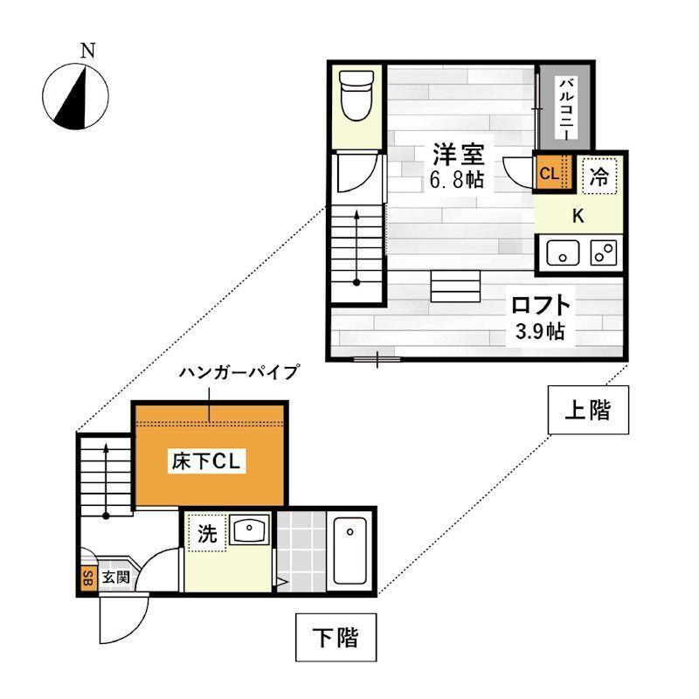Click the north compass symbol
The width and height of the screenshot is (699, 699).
tap(76, 95)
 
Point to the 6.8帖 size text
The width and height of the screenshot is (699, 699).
tap(458, 181)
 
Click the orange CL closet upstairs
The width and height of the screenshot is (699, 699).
tap(549, 173)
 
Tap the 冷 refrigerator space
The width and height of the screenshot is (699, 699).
tap(599, 176)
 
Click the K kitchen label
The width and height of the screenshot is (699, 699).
tap(578, 215)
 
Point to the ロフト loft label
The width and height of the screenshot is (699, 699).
tap(541, 307)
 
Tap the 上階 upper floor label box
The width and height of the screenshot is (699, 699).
tap(587, 410)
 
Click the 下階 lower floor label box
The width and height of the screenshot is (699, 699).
tap(335, 638)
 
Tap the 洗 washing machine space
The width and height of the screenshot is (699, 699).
tap(206, 534)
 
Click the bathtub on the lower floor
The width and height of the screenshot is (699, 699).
tap(351, 551)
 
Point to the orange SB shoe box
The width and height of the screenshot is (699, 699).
tap(87, 578)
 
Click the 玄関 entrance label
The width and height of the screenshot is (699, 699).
tap(115, 578)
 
